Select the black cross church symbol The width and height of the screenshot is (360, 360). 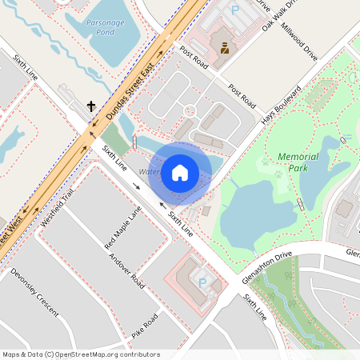(91, 106)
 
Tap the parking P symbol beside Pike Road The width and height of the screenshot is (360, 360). (202, 282)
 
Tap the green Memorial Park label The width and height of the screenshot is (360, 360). (298, 162)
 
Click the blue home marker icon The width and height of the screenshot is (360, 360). (180, 173)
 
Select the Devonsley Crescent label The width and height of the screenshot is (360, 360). (34, 293)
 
